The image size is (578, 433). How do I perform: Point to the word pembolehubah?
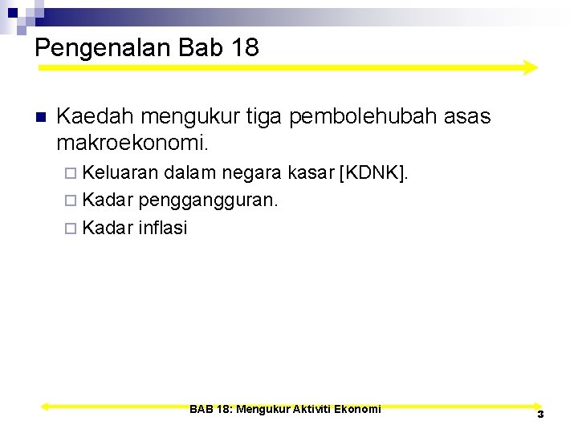364,117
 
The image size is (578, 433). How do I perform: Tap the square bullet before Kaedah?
42,117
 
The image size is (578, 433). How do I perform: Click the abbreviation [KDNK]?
374,172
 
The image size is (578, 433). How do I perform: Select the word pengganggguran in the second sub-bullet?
208,200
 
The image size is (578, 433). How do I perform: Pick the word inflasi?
163,228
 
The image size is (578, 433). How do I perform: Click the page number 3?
540,414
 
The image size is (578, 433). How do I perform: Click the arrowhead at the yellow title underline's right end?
530,67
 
